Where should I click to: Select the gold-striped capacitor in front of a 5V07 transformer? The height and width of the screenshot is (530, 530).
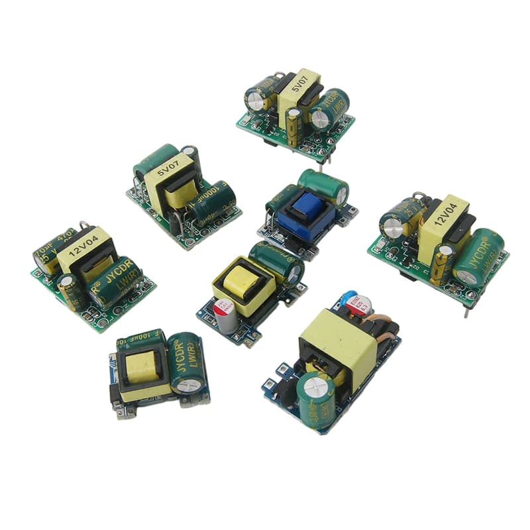[293, 126]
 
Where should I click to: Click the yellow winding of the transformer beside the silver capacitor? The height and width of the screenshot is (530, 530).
[242, 282]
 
